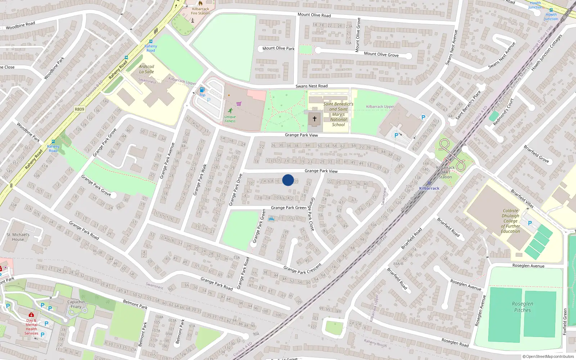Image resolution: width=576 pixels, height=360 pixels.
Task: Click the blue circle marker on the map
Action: pyautogui.click(x=288, y=180)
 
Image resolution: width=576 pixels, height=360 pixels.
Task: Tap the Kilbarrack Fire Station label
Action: pyautogui.click(x=201, y=11)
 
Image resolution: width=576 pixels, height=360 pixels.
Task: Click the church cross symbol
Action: pyautogui.click(x=315, y=118)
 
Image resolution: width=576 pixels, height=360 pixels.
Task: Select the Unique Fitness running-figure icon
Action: pyautogui.click(x=230, y=111)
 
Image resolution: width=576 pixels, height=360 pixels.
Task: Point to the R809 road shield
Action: pyautogui.click(x=79, y=109)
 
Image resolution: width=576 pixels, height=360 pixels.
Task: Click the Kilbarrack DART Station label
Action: pyautogui.click(x=445, y=172)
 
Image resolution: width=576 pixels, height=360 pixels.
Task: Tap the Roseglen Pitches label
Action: pyautogui.click(x=522, y=307)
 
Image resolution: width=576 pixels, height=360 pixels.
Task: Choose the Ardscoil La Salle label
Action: pyautogui.click(x=147, y=69)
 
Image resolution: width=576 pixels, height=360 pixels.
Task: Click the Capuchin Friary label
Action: pyautogui.click(x=76, y=304)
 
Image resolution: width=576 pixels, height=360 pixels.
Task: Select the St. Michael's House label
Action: pyautogui.click(x=18, y=237)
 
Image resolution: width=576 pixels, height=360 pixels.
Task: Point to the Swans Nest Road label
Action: pyautogui.click(x=311, y=86)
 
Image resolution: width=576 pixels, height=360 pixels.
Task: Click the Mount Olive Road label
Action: pyautogui.click(x=314, y=15)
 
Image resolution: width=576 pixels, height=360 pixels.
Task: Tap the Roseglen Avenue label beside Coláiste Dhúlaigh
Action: pyautogui.click(x=528, y=266)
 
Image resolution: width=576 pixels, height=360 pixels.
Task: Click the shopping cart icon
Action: pyautogui.click(x=239, y=104)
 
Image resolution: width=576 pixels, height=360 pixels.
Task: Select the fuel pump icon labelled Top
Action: pyautogui.click(x=202, y=90)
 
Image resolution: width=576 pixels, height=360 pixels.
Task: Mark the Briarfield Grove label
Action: pyautogui.click(x=536, y=154)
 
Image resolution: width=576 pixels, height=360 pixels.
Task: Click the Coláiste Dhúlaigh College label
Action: pyautogui.click(x=510, y=221)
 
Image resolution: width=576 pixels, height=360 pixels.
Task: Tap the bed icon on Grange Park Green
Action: pyautogui.click(x=271, y=219)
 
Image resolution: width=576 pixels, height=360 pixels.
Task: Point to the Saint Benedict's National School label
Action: pyautogui.click(x=338, y=114)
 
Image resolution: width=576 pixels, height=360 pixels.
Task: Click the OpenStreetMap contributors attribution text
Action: pyautogui.click(x=548, y=356)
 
